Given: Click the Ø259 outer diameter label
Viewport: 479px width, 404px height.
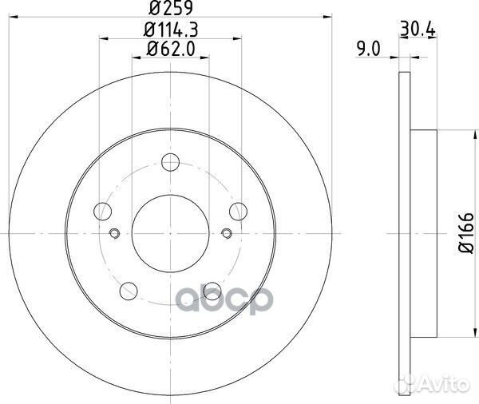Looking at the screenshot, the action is click(x=171, y=8).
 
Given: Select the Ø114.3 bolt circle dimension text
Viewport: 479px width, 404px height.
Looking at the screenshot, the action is click(x=171, y=30).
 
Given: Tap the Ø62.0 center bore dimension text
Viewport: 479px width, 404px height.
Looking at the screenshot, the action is click(x=171, y=50).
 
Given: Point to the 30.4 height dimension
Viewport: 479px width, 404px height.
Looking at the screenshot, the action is click(x=418, y=30).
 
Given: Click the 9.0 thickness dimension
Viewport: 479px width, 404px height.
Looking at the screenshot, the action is click(x=369, y=50).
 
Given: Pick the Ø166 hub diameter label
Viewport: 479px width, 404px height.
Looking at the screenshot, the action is click(x=466, y=233).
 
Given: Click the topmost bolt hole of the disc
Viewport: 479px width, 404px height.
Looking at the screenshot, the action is click(x=171, y=162).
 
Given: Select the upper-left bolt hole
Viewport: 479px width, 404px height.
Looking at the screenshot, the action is click(x=103, y=211).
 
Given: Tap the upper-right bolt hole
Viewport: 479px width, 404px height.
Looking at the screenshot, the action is click(x=238, y=211).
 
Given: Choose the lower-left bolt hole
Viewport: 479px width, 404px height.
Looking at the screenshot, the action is click(x=129, y=291).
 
